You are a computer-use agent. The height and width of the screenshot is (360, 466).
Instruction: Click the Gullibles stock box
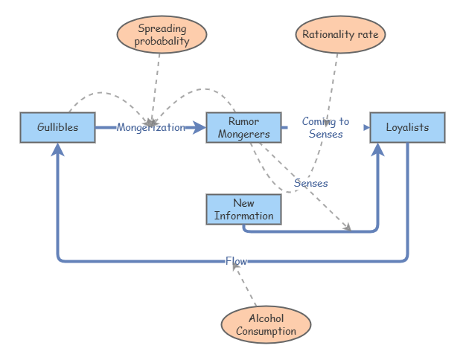click(57, 127)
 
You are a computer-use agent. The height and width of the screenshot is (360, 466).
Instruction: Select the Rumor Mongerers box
click(243, 127)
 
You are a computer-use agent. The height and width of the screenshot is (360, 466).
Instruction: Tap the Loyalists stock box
click(407, 127)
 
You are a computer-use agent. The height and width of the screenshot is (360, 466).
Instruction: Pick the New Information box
click(243, 210)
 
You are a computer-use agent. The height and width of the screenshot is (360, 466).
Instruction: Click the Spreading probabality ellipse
click(162, 34)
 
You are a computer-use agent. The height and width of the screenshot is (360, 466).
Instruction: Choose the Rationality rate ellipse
click(340, 34)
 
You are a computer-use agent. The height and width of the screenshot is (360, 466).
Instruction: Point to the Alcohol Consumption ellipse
click(266, 324)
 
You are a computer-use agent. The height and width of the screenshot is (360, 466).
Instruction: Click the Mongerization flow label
click(150, 127)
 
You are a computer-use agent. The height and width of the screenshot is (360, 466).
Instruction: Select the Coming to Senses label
click(325, 127)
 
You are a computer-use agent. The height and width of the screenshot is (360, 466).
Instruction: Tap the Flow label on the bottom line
click(236, 261)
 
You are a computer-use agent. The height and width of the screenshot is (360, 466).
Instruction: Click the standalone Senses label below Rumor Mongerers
click(311, 183)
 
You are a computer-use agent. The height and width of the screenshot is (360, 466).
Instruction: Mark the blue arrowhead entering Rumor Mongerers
click(199, 127)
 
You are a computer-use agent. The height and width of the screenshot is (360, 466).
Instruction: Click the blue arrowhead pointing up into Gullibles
click(57, 150)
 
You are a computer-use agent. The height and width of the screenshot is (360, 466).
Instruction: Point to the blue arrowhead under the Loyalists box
click(377, 150)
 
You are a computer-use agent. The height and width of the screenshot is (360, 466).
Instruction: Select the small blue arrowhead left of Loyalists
click(366, 127)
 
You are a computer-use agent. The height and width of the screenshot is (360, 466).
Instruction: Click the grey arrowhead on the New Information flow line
click(348, 227)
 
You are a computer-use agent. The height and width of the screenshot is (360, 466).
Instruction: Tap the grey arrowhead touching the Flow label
click(236, 266)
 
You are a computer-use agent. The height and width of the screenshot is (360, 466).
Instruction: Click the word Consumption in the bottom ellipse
click(266, 331)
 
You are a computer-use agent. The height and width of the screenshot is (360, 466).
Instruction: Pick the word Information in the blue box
click(243, 216)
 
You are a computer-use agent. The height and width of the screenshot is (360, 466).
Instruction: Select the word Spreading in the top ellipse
click(162, 29)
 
